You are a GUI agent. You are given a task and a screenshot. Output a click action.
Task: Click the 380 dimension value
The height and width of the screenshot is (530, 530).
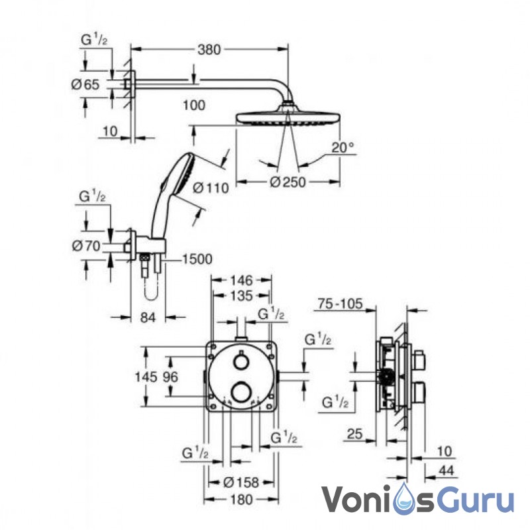point(209,50)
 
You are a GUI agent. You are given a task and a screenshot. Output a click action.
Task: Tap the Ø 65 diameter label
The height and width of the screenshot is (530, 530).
point(85,85)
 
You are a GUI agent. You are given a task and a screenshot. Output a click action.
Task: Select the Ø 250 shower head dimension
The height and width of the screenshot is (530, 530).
point(288,182)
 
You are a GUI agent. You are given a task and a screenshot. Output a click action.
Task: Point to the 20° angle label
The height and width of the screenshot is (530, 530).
point(343,147)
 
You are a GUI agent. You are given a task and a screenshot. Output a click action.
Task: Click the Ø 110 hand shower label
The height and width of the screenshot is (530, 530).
point(211,187)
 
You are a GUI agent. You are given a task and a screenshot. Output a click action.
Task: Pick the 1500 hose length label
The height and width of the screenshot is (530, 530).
point(197,259)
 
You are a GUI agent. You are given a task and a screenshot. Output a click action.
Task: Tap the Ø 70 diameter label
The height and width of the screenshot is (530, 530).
point(87,246)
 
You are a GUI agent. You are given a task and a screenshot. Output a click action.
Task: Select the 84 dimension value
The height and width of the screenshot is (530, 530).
point(148,317)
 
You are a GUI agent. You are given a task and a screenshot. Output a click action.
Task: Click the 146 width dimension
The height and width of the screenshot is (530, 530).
point(241,280)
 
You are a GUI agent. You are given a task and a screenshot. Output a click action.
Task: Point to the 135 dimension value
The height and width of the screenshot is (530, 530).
point(241,295)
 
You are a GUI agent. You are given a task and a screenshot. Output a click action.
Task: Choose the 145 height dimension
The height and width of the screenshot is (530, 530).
point(146,377)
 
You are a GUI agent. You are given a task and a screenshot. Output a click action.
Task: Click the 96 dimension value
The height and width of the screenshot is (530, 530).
point(170,377)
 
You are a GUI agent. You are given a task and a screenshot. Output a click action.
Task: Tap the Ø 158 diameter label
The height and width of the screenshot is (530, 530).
point(241,482)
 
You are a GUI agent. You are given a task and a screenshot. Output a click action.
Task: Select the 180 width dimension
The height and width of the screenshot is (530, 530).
point(242,500)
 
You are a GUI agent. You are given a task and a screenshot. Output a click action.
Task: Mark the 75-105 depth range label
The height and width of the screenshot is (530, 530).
point(340,303)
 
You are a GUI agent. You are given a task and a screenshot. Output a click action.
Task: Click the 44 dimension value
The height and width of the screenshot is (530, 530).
point(446,470)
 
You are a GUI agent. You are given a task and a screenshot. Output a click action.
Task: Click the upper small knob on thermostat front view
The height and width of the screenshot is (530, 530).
point(241,362)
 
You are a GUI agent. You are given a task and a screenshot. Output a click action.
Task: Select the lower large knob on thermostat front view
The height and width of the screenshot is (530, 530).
point(241,392)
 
